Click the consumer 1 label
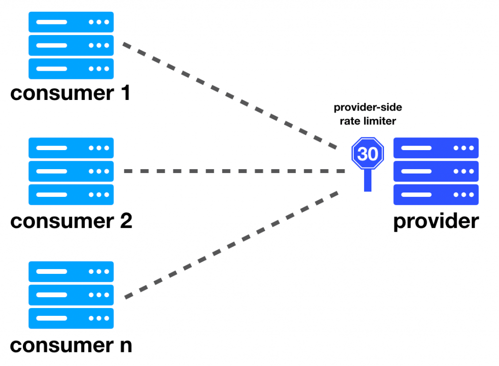tap(71, 93)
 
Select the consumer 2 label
tap(71, 221)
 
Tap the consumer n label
tap(71, 345)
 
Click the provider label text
tap(436, 222)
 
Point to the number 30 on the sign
tap(368, 154)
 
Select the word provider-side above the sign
tap(368, 108)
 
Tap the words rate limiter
tap(368, 121)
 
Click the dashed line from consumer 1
tap(229, 96)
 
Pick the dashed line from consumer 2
tap(234, 172)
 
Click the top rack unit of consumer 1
tap(71, 22)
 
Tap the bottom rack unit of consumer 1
tap(71, 69)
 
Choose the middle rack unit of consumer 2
tap(71, 171)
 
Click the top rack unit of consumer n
tap(71, 271)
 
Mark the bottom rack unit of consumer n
tap(71, 318)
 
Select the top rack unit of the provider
tap(436, 148)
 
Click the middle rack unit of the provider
tap(436, 171)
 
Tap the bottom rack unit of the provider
tap(436, 194)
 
